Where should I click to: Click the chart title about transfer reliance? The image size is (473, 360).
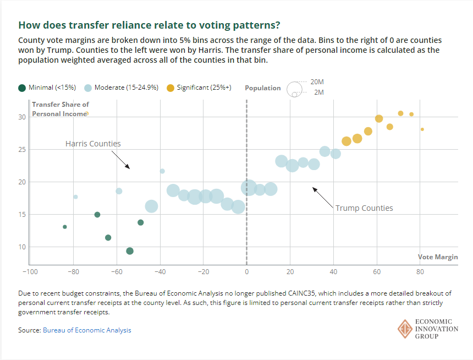pos(149,25)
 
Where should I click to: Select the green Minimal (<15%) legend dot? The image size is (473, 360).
pos(22,88)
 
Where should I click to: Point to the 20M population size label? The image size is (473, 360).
pos(317,81)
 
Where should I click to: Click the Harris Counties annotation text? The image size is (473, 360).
pos(93,144)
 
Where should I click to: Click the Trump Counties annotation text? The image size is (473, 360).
pos(364,208)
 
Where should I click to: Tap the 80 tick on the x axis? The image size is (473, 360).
pos(420,271)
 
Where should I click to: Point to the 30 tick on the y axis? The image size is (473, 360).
pos(23,117)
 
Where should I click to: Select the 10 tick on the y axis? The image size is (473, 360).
pos(23,247)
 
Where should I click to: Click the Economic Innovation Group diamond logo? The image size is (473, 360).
pos(405,329)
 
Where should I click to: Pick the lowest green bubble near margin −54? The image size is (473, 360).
pos(130,251)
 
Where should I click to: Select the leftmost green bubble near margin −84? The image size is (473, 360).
pos(65,227)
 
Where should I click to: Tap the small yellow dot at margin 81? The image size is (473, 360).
pos(422,129)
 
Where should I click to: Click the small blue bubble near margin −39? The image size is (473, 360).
pos(162,171)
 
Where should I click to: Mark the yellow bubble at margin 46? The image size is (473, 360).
pos(346,141)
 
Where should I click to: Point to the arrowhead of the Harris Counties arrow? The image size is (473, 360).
pos(129,168)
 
